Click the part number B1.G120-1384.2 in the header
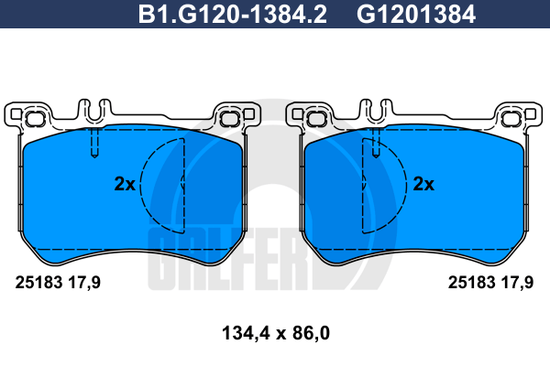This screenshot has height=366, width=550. [233, 15]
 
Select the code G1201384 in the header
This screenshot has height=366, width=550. [416, 15]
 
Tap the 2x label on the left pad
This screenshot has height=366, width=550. [125, 184]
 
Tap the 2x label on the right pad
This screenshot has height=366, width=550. [423, 184]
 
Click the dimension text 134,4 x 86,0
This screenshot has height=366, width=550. [276, 333]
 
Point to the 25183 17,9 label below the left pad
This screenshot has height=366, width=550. [58, 282]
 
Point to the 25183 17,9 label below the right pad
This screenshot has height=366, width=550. [490, 282]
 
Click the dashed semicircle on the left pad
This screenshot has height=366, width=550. [141, 184]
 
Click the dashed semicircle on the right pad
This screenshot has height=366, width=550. [406, 184]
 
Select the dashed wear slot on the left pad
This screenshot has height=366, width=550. [94, 143]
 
